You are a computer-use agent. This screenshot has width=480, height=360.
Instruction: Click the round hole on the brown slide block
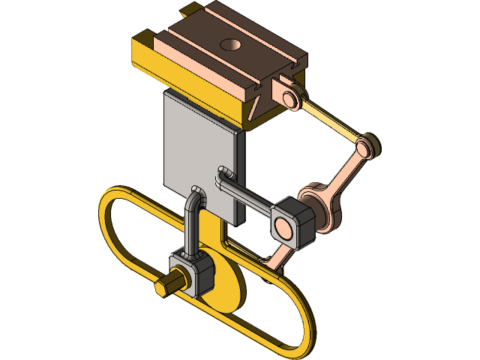[x=229, y=45]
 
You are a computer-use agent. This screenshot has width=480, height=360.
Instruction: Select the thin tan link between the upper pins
[x=329, y=120]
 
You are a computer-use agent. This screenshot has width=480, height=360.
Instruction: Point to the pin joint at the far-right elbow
[x=367, y=145]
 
